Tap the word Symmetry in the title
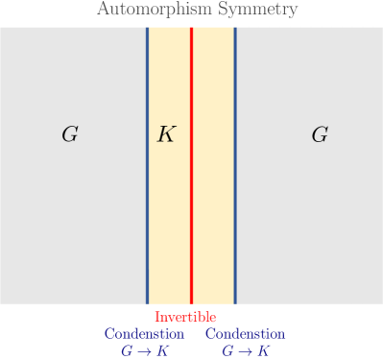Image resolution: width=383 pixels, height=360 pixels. [267, 11]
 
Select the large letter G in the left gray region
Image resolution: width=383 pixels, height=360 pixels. [69, 134]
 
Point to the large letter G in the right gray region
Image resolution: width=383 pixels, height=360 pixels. [320, 134]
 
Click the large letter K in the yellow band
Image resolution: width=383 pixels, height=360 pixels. [167, 134]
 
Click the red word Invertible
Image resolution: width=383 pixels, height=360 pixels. [185, 317]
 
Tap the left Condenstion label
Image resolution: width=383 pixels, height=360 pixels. [144, 334]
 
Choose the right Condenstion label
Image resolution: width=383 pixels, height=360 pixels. [245, 334]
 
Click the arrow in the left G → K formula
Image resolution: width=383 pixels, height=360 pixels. [144, 351]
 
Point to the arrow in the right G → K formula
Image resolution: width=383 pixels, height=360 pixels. [245, 351]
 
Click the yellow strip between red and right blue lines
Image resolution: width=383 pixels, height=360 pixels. [213, 211]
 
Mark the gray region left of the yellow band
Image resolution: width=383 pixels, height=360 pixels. [72, 221]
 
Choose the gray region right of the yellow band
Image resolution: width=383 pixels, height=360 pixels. [309, 221]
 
